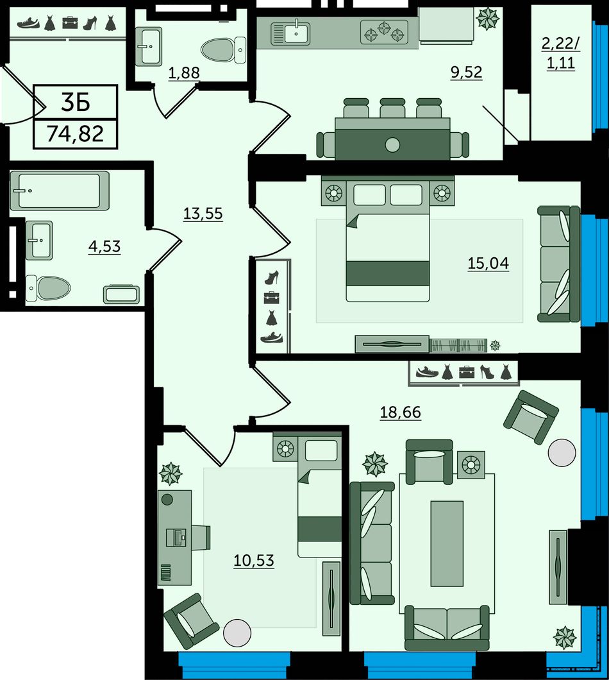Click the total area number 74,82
point(76,133)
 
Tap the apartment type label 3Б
point(76,103)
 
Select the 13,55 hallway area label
point(203,214)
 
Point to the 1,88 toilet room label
point(184,73)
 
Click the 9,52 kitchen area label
point(467,72)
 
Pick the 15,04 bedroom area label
point(488,263)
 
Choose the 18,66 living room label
point(401,412)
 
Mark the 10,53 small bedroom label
point(254,560)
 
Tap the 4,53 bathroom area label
point(104,246)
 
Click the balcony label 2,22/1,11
point(561,54)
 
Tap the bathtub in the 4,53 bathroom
point(60,191)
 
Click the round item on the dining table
point(392,145)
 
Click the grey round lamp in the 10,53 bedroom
point(237,633)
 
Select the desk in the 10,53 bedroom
point(174,538)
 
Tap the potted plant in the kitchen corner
point(488,18)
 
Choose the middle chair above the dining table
point(392,108)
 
